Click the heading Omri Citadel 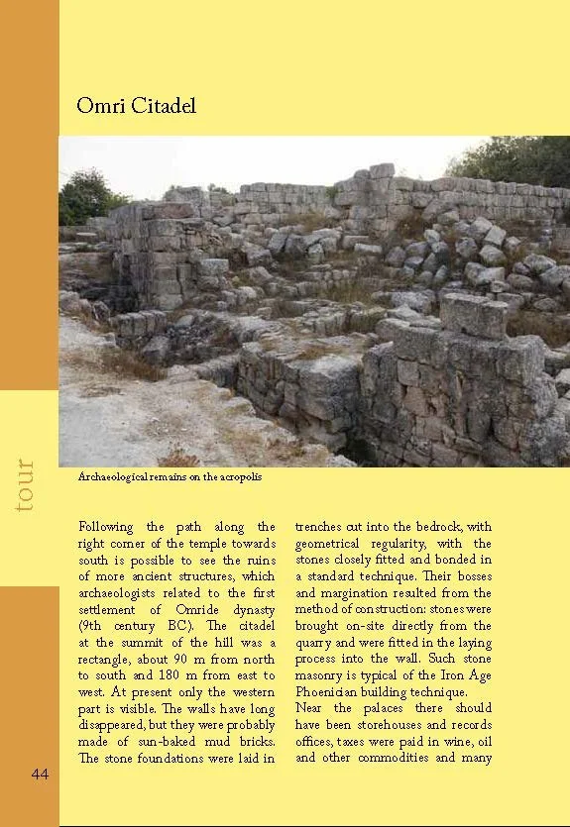[136, 105]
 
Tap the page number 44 [40, 774]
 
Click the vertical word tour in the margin [26, 484]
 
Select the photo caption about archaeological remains [163, 477]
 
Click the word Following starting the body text [109, 527]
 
